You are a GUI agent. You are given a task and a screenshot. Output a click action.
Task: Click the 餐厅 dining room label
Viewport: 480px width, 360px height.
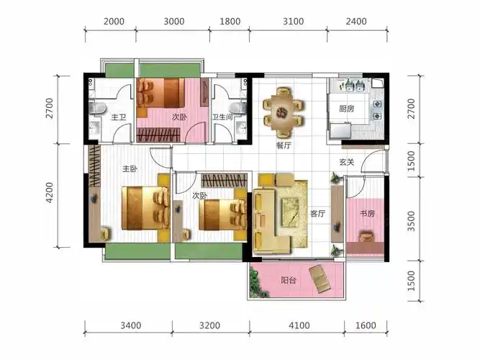pos(284,145)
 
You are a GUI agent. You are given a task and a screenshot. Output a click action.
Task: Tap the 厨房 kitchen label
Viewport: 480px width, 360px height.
pos(347,109)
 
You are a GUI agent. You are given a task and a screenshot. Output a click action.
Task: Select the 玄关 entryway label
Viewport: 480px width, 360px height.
pos(347,162)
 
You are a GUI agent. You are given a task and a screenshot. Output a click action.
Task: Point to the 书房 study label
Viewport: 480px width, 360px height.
pos(367,213)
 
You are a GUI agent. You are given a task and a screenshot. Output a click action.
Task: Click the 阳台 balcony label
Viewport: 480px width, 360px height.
pos(289,280)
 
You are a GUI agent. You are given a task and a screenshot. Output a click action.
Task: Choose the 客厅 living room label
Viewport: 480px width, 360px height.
pos(317,214)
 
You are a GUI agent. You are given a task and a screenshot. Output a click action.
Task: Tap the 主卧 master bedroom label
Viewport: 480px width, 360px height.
pos(130,168)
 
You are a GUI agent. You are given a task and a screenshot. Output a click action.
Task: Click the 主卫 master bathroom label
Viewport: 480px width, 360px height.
pos(119,117)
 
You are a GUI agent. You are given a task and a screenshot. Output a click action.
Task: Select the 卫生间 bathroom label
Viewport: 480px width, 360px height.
pos(222,117)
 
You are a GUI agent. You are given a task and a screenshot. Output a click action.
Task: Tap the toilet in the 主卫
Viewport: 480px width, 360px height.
pos(97,108)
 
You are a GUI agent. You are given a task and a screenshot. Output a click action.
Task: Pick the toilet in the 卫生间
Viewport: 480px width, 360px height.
pos(238,107)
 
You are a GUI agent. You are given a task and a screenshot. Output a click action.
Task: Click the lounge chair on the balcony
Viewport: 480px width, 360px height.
pos(320,279)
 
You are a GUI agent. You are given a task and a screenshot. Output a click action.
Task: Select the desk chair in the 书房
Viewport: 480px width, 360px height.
pos(367,237)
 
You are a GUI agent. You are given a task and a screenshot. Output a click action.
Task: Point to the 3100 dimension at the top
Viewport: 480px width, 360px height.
pos(294,22)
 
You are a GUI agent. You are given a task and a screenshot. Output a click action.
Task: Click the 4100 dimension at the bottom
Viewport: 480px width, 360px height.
pos(299,325)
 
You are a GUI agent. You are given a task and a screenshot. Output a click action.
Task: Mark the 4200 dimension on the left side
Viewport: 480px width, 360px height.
pos(49,193)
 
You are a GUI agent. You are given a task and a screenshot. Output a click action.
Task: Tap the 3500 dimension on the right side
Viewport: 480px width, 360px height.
pos(411,221)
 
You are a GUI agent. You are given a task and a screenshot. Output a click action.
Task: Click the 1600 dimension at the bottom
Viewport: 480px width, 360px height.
pos(366,325)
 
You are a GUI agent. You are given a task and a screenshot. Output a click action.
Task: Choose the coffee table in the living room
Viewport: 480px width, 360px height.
pos(290,212)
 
